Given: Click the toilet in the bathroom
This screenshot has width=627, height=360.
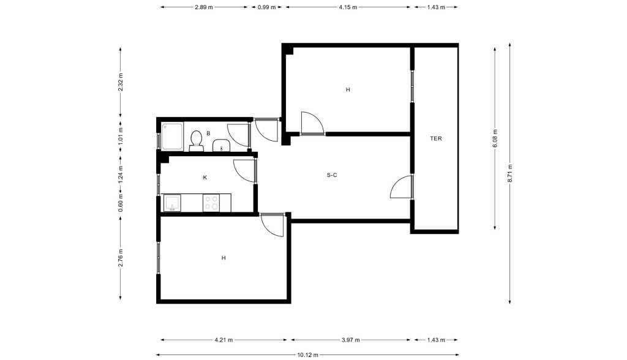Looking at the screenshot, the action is coord(196,141).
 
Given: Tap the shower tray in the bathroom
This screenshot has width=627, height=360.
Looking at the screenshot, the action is coord(172,136).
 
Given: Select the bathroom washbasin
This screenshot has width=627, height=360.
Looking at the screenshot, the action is coord(220,146).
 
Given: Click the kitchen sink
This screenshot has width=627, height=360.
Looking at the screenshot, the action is coord(172,203).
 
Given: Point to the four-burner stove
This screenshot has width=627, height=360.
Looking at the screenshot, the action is coord(211,203).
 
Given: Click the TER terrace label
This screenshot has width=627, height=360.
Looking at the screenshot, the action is coord(436,138).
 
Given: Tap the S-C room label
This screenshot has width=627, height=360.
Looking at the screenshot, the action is coord(332,175).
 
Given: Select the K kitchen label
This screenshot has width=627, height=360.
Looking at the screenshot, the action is coord(205,177).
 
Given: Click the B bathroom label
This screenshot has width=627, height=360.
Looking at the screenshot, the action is coord(208,133).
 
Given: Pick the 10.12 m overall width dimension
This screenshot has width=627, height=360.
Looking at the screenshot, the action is coord(307,354).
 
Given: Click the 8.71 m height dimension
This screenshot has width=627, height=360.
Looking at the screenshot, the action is coord(510,174).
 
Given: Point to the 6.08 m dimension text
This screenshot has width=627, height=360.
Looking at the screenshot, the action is coord(495,138).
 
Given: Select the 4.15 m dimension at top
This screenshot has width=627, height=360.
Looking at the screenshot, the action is coord(348,7).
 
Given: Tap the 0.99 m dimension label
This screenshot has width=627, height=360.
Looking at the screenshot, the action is coord(266,7).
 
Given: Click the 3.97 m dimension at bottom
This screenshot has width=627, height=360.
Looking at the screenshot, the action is coord(351,340).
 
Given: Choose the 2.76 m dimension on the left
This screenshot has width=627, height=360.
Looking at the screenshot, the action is coord(121,258).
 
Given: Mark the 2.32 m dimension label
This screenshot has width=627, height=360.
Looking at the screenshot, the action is coord(121,82).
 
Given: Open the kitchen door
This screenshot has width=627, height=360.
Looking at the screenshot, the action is coord(244,171).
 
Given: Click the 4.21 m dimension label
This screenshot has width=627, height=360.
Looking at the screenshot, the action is coord(223,340).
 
